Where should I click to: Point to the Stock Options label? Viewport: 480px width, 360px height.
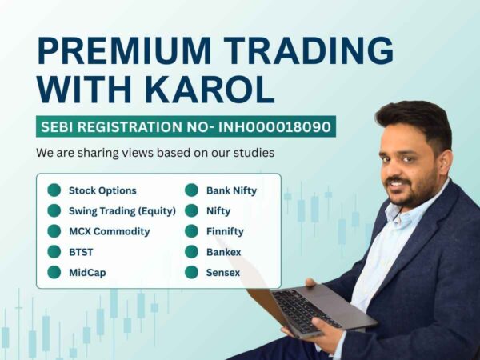pos(102,190)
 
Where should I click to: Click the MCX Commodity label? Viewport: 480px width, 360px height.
pos(109,231)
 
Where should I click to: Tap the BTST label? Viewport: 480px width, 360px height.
pos(81,251)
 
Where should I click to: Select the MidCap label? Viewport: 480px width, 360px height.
pos(87,272)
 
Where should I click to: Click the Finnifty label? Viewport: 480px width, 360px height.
pos(225,231)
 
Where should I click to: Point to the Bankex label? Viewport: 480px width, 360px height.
pos(223,251)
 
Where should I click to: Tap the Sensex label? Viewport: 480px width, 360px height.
pos(223,272)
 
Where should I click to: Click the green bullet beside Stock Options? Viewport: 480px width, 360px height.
pos(54,190)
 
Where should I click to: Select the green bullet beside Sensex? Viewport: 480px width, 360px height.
pos(191,272)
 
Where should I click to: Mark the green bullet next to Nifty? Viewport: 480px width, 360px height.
pos(191,210)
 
